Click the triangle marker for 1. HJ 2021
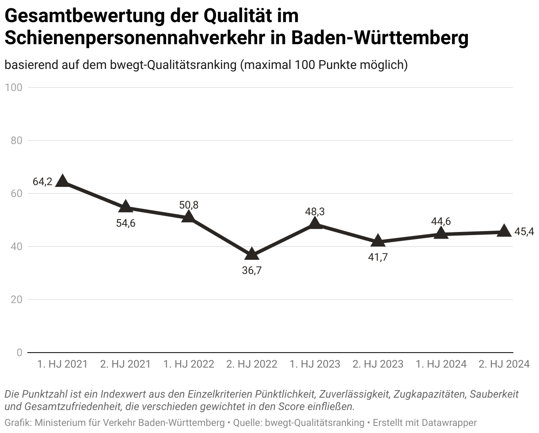[63, 181]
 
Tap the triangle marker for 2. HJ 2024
[504, 231]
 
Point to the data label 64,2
[42, 181]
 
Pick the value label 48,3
[315, 212]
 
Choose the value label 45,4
[524, 232]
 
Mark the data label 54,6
[126, 223]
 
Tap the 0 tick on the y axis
[19, 353]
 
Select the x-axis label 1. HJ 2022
[189, 364]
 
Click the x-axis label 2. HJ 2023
[378, 364]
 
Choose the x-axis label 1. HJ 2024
[441, 364]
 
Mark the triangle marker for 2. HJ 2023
[378, 241]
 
